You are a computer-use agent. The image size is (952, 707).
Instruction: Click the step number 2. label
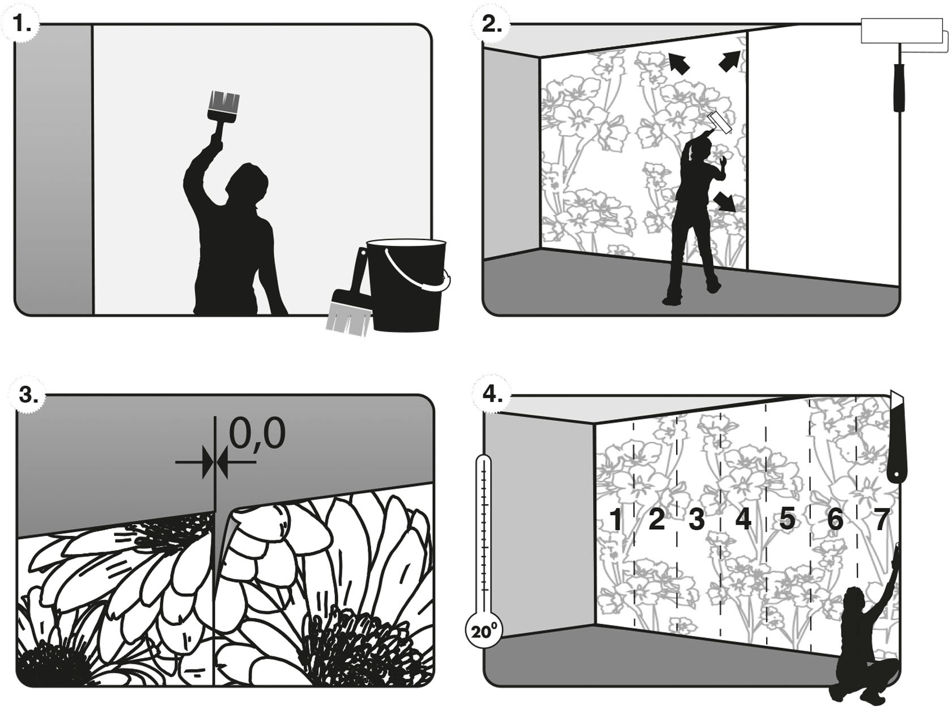[x=491, y=24]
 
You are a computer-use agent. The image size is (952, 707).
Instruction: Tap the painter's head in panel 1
[x=249, y=181]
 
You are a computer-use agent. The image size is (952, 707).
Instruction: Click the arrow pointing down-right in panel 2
[x=725, y=202]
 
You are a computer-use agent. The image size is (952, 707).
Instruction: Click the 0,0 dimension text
[x=257, y=435]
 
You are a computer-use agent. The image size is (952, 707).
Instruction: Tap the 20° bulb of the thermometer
[x=483, y=631]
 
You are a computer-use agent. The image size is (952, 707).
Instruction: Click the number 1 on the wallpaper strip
[x=615, y=519]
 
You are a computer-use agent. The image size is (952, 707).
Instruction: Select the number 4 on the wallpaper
[x=743, y=518]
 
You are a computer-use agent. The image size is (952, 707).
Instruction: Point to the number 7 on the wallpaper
[x=881, y=519]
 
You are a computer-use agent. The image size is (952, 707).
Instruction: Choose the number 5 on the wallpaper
[x=787, y=518]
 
